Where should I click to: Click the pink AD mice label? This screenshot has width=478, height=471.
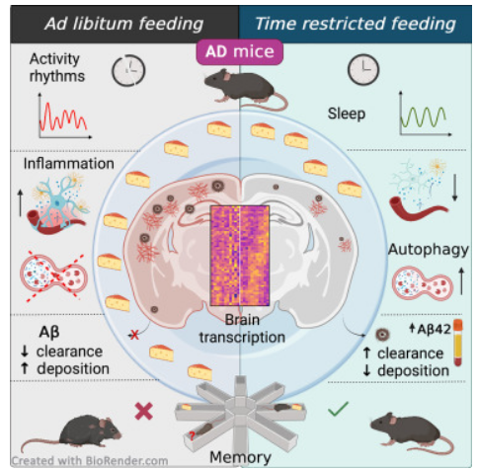pyautogui.click(x=239, y=52)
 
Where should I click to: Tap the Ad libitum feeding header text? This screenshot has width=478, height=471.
pyautogui.click(x=124, y=24)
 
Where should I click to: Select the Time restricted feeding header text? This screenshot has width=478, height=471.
pyautogui.click(x=356, y=24)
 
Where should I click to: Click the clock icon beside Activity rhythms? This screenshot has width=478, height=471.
pyautogui.click(x=128, y=70)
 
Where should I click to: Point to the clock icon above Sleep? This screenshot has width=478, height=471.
pyautogui.click(x=363, y=70)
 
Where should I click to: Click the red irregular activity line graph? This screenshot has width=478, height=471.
pyautogui.click(x=63, y=118)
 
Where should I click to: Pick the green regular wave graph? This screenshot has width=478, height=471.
pyautogui.click(x=423, y=117)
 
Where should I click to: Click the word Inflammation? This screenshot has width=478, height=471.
pyautogui.click(x=69, y=164)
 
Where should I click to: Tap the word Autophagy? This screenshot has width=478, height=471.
pyautogui.click(x=429, y=250)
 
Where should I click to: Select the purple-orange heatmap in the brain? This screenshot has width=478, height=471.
pyautogui.click(x=240, y=256)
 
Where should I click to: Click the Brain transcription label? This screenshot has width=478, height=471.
pyautogui.click(x=242, y=329)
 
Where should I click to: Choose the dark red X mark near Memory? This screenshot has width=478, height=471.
pyautogui.click(x=144, y=411)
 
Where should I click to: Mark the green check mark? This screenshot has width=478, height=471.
pyautogui.click(x=338, y=409)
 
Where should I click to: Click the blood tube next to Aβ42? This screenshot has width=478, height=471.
pyautogui.click(x=457, y=343)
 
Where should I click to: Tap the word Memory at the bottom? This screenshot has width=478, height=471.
pyautogui.click(x=240, y=457)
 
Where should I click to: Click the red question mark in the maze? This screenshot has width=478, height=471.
pyautogui.click(x=192, y=436)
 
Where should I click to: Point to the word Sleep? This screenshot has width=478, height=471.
pyautogui.click(x=347, y=114)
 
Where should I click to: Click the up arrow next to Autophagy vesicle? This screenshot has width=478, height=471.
pyautogui.click(x=461, y=281)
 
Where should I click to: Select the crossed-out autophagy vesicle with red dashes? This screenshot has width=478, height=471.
pyautogui.click(x=53, y=275)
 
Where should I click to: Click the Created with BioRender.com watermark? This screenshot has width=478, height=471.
pyautogui.click(x=90, y=461)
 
